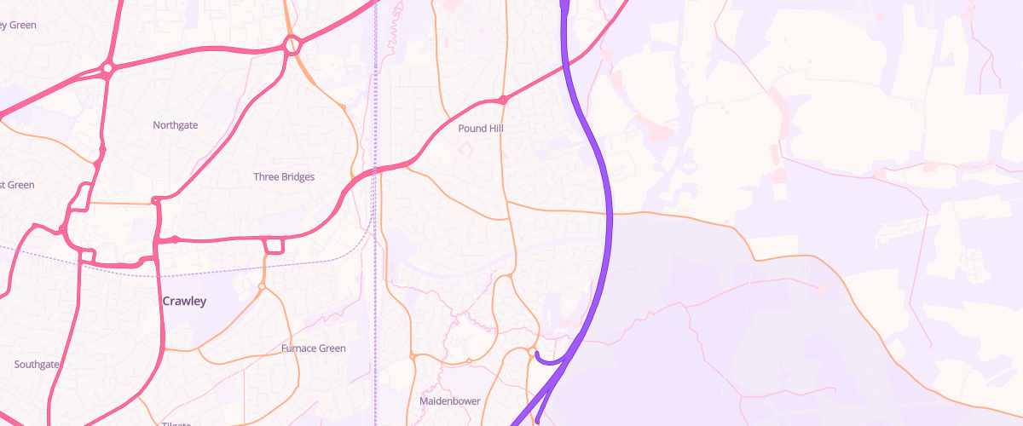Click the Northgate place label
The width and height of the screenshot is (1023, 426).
pyautogui.click(x=175, y=125)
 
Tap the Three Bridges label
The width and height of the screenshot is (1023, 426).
pyautogui.click(x=284, y=177)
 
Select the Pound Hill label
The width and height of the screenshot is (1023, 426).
pyautogui.click(x=481, y=128)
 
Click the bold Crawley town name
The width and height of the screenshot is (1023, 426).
pyautogui.click(x=184, y=302)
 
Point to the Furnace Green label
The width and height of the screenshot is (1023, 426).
pyautogui.click(x=313, y=348)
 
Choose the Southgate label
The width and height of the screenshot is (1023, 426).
pyautogui.click(x=37, y=365)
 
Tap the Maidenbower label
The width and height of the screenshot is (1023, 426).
pyautogui.click(x=450, y=400)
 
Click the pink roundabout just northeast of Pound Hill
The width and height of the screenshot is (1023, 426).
pyautogui.click(x=504, y=100)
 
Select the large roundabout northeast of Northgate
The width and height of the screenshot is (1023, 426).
pyautogui.click(x=292, y=45)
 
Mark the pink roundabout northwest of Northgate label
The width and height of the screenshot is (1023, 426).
pyautogui.click(x=107, y=69)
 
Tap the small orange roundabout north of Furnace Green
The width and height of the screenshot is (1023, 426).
pyautogui.click(x=262, y=286)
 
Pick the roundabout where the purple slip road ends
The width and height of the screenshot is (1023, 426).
pyautogui.click(x=532, y=351)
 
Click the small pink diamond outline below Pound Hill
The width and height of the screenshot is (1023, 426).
pyautogui.click(x=465, y=149)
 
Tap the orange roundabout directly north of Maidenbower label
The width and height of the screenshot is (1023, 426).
pyautogui.click(x=469, y=361)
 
